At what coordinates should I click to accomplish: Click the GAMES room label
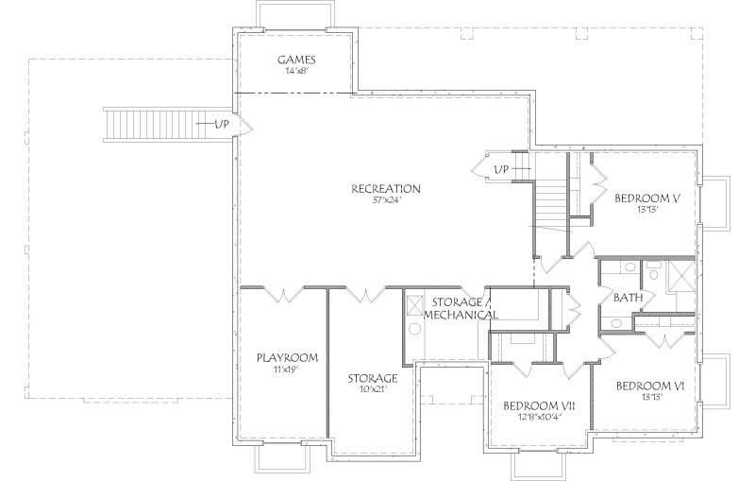tap(296, 60)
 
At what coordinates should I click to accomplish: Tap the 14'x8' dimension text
tap(296, 71)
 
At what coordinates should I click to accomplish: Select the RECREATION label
tap(386, 189)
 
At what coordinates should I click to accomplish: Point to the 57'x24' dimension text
tap(386, 200)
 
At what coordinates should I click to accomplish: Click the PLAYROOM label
tap(287, 358)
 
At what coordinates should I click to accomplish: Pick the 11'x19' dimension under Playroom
tap(287, 369)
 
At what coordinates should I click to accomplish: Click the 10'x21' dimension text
tap(372, 389)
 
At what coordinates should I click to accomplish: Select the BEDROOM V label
tap(647, 198)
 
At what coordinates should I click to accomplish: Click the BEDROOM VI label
tap(649, 386)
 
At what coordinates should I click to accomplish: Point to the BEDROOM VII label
tap(535, 404)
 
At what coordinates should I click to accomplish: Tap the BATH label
tap(629, 298)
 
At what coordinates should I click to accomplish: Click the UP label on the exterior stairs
tap(221, 125)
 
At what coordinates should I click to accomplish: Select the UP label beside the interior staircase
tap(502, 169)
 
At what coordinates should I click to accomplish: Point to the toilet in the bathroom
tap(652, 275)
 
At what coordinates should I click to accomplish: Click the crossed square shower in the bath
tap(679, 278)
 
